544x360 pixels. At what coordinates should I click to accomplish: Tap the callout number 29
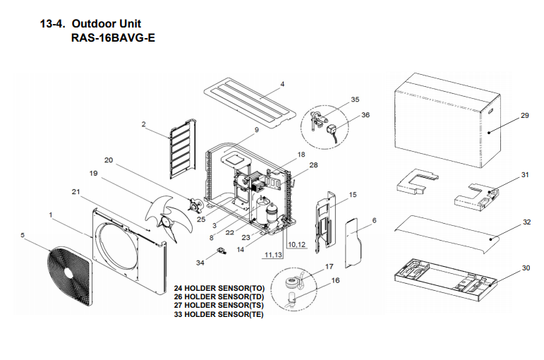click(x=524, y=115)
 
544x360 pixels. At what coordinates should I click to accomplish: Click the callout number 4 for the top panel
click(x=282, y=84)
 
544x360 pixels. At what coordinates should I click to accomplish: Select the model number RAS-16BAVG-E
click(x=113, y=38)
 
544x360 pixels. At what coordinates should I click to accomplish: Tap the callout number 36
click(x=365, y=114)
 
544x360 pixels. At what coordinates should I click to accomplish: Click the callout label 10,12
click(x=296, y=244)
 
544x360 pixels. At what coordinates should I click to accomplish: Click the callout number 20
click(x=108, y=160)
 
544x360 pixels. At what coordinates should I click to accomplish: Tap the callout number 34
click(x=200, y=263)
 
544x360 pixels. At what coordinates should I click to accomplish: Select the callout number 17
click(x=329, y=267)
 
